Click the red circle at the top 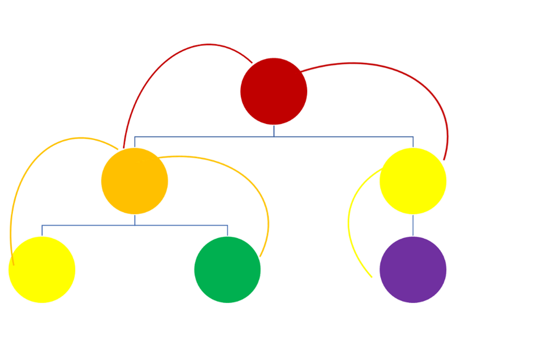coord(274,91)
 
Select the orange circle coord(134,181)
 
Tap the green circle coord(227,270)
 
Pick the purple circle coord(413,270)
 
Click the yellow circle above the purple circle coord(413,181)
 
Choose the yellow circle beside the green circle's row coord(42,270)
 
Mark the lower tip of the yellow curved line coord(371,276)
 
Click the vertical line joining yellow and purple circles coord(413,225)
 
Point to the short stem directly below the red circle coord(273,131)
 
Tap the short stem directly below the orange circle coord(135,220)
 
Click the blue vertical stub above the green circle coord(228,230)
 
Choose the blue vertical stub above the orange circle coord(135,142)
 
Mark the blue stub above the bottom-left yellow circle coord(42,230)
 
